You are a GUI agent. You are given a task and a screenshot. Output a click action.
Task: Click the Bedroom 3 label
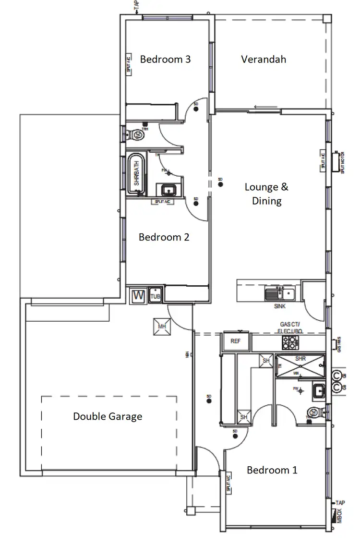pos(165,59)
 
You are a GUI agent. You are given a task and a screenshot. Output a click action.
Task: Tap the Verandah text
pos(264,59)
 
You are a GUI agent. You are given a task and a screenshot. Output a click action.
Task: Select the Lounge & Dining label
pos(266,194)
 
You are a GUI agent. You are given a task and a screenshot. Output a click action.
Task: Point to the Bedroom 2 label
pos(164,237)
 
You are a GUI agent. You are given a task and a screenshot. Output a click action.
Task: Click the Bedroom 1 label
pos(272,470)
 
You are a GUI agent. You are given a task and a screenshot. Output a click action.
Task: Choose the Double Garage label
pos(108,416)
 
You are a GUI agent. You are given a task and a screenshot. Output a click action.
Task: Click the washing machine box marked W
pos(139,295)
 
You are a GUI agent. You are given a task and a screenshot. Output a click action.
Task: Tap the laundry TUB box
pos(156,295)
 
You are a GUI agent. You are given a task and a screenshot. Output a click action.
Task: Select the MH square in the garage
pos(162,327)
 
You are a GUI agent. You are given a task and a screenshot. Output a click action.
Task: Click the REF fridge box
pos(235,342)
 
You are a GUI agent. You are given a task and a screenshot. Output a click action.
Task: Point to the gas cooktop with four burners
pos(291,342)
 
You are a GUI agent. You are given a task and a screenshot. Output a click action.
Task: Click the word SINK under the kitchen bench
pos(280,305)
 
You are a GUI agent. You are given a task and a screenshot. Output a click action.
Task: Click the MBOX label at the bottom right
pos(340,515)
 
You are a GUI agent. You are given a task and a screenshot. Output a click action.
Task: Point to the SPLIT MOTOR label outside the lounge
pos(343,162)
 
